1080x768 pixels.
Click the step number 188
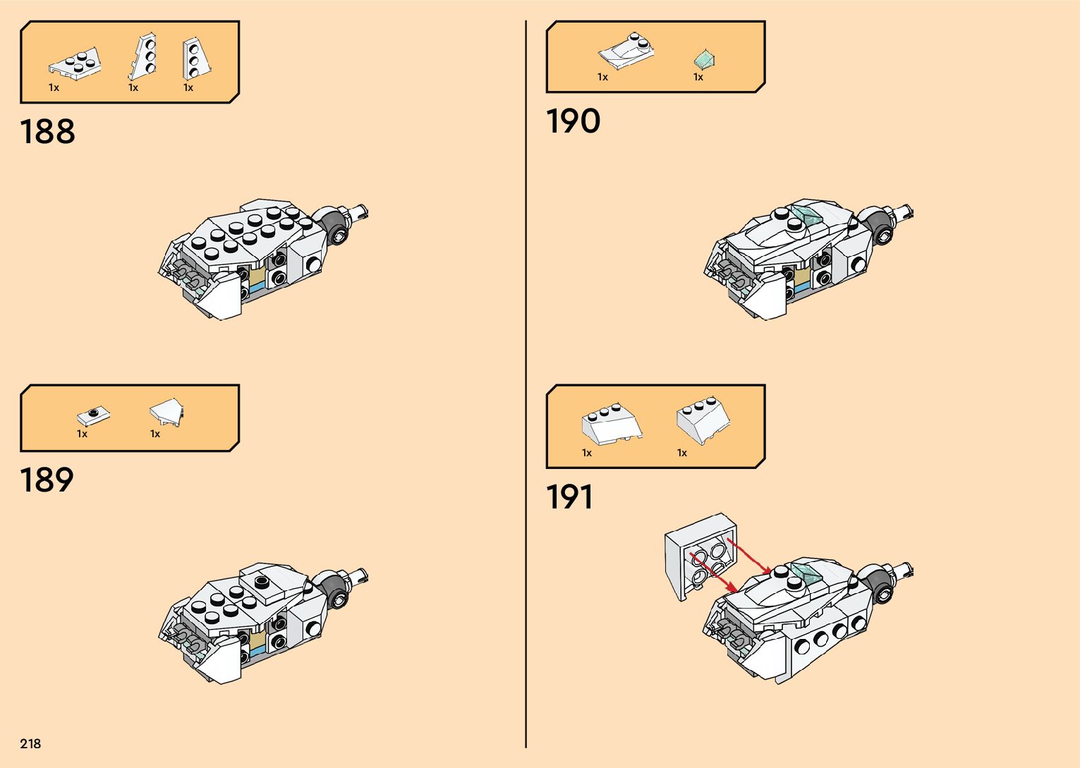pos(47,132)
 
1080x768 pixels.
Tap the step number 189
pos(47,480)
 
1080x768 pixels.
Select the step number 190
pos(573,121)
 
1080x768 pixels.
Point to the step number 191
pos(569,497)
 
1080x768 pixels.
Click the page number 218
pos(30,743)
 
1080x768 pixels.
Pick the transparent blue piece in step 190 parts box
pos(704,59)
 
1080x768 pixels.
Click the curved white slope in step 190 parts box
pos(626,51)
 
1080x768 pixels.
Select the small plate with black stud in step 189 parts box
pos(93,415)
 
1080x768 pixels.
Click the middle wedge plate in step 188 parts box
pos(144,56)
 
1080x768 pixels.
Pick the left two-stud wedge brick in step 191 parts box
pos(612,424)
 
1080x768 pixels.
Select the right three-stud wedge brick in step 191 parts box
pos(703,421)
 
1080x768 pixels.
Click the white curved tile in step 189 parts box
pos(166,411)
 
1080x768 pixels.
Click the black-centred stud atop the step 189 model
pos(262,582)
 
